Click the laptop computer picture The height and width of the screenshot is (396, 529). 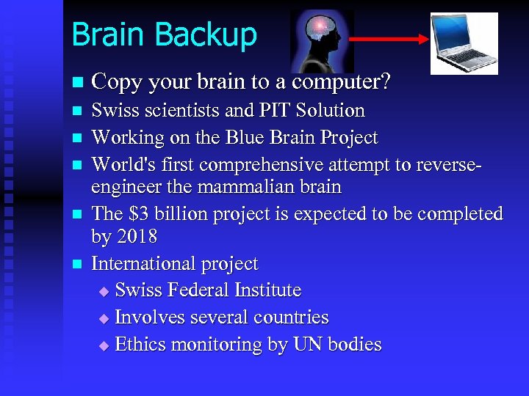(x=464, y=43)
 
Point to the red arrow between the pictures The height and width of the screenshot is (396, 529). (x=389, y=40)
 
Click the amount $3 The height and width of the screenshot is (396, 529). (x=140, y=214)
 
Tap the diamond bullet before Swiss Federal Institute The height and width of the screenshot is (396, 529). (x=103, y=292)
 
